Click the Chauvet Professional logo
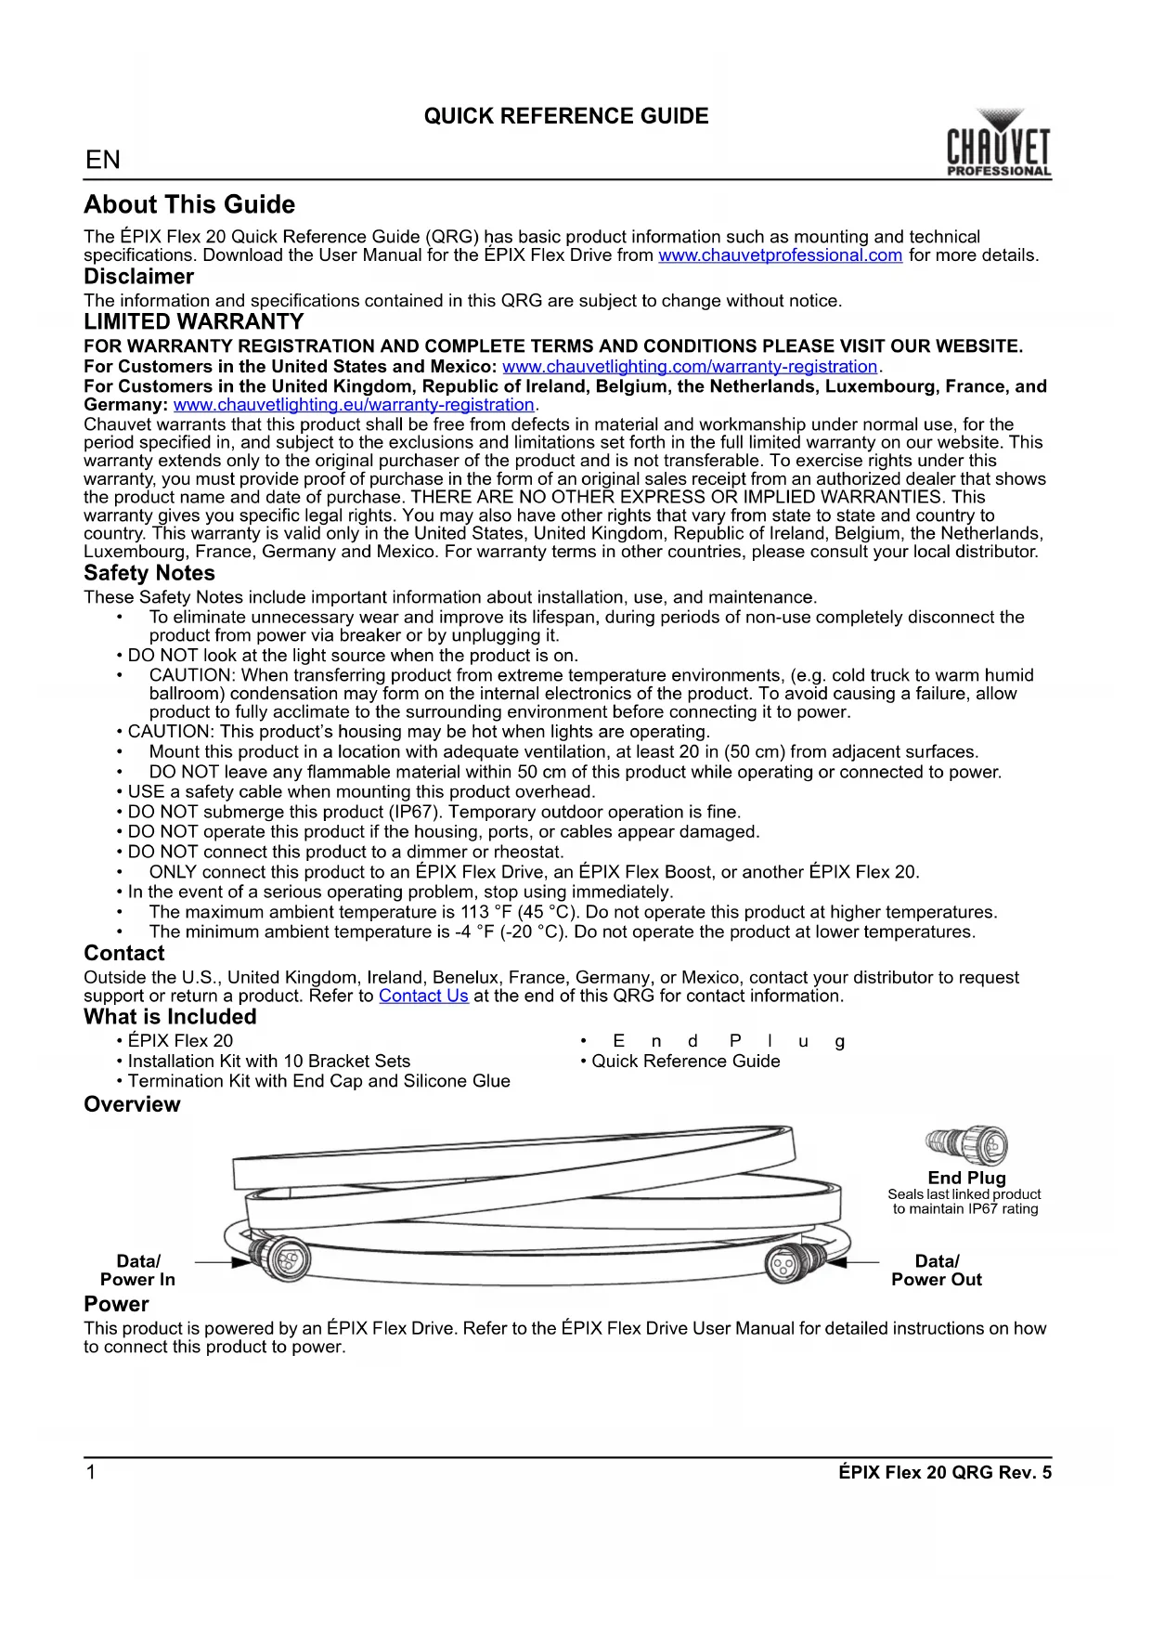tap(999, 145)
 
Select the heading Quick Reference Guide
tap(566, 116)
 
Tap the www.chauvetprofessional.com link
tap(780, 255)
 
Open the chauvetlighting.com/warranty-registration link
tap(690, 367)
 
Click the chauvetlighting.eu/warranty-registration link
tap(354, 405)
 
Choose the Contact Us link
tap(423, 996)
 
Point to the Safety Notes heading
tap(149, 573)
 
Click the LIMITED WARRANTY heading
tap(193, 322)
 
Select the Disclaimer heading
tap(138, 277)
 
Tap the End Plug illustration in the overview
tap(968, 1144)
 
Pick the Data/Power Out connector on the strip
tap(795, 1263)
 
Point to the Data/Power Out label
tap(937, 1270)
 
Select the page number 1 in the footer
tap(91, 1472)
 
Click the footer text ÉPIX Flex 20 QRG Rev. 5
tap(944, 1472)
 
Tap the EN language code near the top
tap(103, 160)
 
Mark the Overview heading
tap(132, 1104)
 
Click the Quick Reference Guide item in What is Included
tap(686, 1061)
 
